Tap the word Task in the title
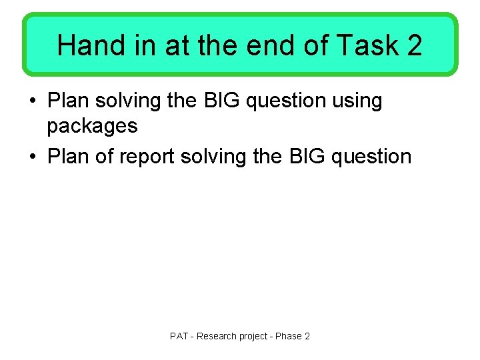coord(364,45)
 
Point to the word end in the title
coord(268,45)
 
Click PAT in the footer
coord(179,336)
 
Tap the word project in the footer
coord(252,336)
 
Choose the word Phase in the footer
coord(289,336)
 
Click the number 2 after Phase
coord(307,336)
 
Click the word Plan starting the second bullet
coord(69,157)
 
